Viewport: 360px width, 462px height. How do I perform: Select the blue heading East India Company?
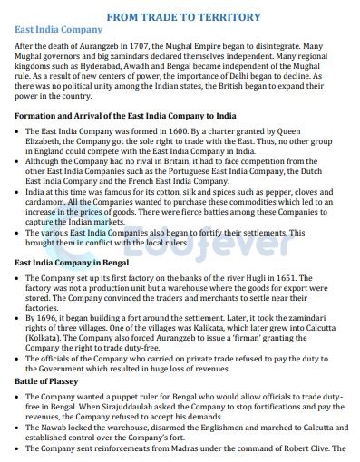click(57, 30)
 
